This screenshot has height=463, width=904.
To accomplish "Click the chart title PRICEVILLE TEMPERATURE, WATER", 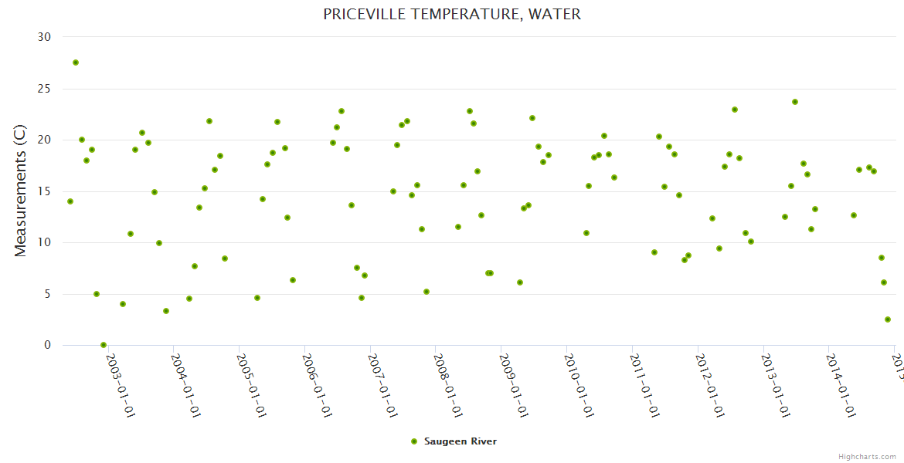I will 452,14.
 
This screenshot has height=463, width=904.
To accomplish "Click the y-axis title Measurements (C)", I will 21,191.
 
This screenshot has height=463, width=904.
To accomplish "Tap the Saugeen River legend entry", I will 460,441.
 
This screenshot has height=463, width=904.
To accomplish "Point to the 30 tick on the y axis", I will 45,37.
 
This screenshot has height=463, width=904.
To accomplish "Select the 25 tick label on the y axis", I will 45,89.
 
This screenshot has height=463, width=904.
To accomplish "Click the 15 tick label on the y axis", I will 45,191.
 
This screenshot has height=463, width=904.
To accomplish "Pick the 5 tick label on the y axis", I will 48,294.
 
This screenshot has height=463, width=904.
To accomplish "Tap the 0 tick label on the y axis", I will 48,346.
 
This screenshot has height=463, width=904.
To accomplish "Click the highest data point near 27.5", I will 76,63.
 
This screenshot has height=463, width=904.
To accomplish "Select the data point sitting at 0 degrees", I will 104,345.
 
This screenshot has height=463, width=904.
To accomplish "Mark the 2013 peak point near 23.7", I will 795,102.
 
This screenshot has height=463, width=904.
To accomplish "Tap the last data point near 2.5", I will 888,319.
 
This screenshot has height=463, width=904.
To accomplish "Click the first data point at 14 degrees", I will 70,201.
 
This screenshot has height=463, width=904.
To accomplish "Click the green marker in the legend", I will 414,441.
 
